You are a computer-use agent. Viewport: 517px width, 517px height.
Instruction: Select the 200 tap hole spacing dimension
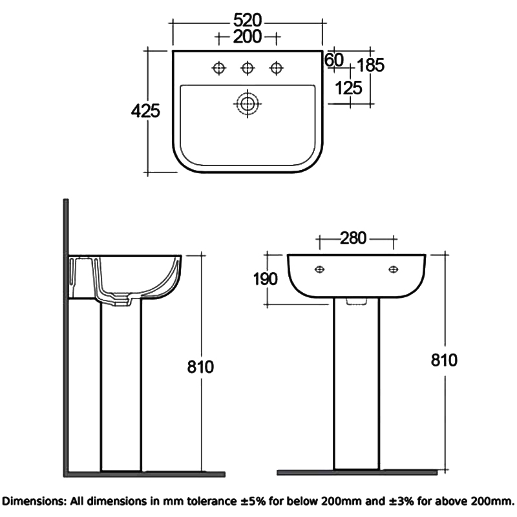pyautogui.click(x=248, y=37)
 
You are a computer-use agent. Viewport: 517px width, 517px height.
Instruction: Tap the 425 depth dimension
pyautogui.click(x=145, y=111)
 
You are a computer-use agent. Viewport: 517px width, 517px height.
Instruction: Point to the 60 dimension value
pyautogui.click(x=333, y=60)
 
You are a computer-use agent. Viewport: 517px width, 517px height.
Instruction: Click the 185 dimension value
pyautogui.click(x=370, y=65)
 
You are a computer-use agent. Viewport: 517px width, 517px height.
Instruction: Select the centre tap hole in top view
pyautogui.click(x=248, y=67)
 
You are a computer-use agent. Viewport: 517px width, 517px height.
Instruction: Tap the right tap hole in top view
pyautogui.click(x=277, y=67)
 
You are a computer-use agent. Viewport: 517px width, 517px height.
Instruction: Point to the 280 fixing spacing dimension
pyautogui.click(x=353, y=238)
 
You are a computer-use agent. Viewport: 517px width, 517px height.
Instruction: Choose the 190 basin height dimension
pyautogui.click(x=266, y=279)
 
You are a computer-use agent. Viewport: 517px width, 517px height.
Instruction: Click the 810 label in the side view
pyautogui.click(x=201, y=366)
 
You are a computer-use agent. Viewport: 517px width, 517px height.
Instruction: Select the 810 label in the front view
pyautogui.click(x=444, y=360)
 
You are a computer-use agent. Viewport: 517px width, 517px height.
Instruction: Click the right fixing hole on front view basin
pyautogui.click(x=393, y=269)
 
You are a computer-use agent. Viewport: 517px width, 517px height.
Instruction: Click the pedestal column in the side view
pyautogui.click(x=121, y=388)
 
